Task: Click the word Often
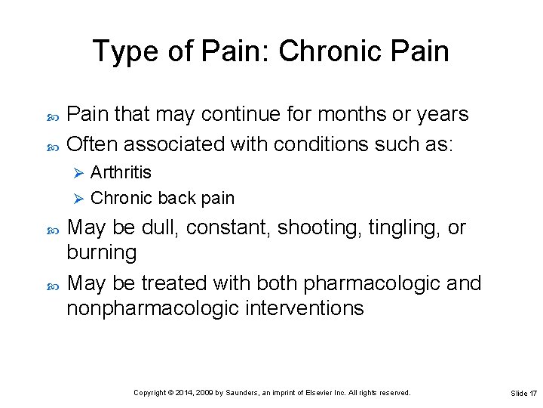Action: [x=93, y=143]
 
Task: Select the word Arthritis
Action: [x=121, y=172]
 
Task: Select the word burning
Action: [x=102, y=253]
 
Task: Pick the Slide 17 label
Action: [x=523, y=394]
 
